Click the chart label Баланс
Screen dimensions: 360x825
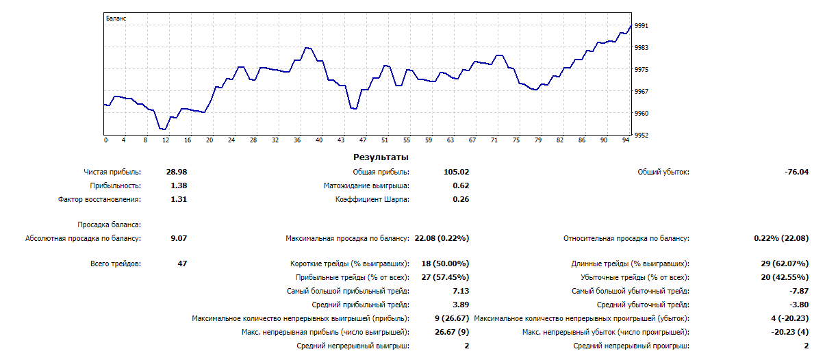click(116, 18)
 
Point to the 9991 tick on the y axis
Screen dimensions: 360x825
click(642, 26)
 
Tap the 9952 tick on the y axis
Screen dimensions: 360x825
click(642, 136)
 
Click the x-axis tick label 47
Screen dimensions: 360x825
click(363, 140)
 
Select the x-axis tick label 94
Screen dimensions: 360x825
click(626, 140)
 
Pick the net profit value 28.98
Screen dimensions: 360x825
click(177, 172)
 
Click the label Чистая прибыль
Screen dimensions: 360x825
click(112, 172)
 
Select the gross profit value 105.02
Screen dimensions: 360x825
click(456, 172)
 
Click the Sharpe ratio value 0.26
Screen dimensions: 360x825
click(461, 199)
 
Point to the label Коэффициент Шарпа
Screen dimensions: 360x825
click(372, 199)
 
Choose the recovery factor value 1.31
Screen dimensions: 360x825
click(179, 199)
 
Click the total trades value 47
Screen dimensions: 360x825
click(181, 263)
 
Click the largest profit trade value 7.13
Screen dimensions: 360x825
click(461, 291)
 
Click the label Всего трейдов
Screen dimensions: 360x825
click(116, 263)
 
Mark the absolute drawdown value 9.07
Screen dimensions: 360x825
click(179, 239)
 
